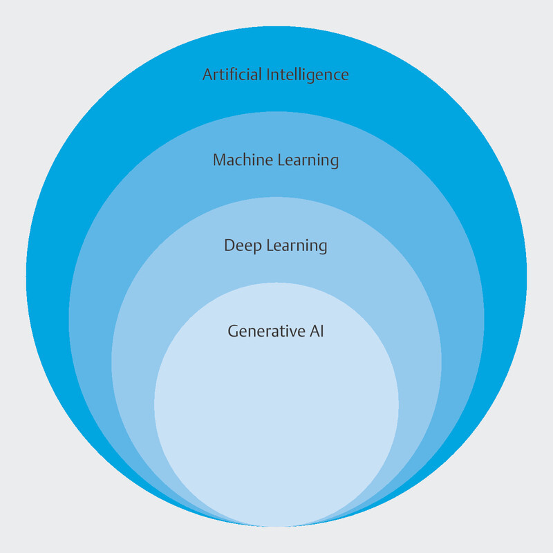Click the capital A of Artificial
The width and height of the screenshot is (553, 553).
coord(207,75)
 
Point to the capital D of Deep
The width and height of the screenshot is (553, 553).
coord(229,245)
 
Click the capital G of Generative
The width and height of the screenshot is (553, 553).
coord(233,331)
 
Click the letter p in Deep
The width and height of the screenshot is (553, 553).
coord(253,247)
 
